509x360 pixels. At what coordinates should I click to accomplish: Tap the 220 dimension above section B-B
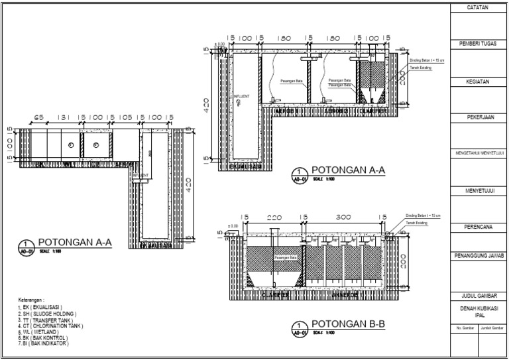coord(274,217)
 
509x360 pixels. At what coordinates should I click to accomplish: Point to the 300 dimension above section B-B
coord(344,217)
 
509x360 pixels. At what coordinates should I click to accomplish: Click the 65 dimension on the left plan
coord(38,117)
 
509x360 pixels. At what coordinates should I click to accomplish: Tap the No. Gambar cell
coord(464,328)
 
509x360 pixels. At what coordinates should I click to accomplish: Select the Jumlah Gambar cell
coord(492,328)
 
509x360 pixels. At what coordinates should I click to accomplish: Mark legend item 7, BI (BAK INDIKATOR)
coord(44,343)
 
